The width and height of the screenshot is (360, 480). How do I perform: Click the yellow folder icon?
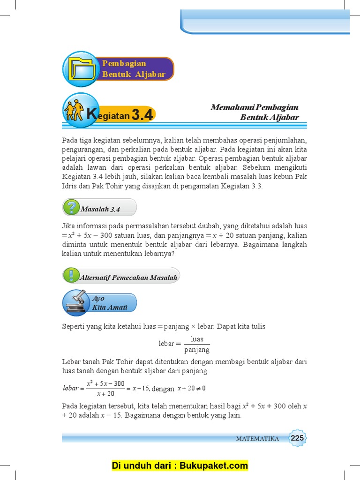[x=81, y=69]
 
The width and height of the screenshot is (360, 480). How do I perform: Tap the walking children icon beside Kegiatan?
[x=74, y=111]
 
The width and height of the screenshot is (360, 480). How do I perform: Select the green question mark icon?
[x=71, y=207]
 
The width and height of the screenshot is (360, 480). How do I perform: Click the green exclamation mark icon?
[x=71, y=275]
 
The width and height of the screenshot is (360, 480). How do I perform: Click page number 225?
[x=297, y=438]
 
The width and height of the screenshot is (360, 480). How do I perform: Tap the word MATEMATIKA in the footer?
[x=257, y=439]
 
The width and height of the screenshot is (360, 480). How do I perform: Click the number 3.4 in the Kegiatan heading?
[x=142, y=114]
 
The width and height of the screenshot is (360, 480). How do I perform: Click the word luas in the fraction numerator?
[x=197, y=339]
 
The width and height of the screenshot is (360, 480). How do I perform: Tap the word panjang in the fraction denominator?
[x=197, y=350]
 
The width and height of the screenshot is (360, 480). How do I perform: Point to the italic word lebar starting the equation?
[x=70, y=388]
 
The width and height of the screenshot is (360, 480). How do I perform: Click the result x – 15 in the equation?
[x=141, y=388]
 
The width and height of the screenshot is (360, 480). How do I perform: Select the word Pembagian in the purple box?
[x=124, y=63]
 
